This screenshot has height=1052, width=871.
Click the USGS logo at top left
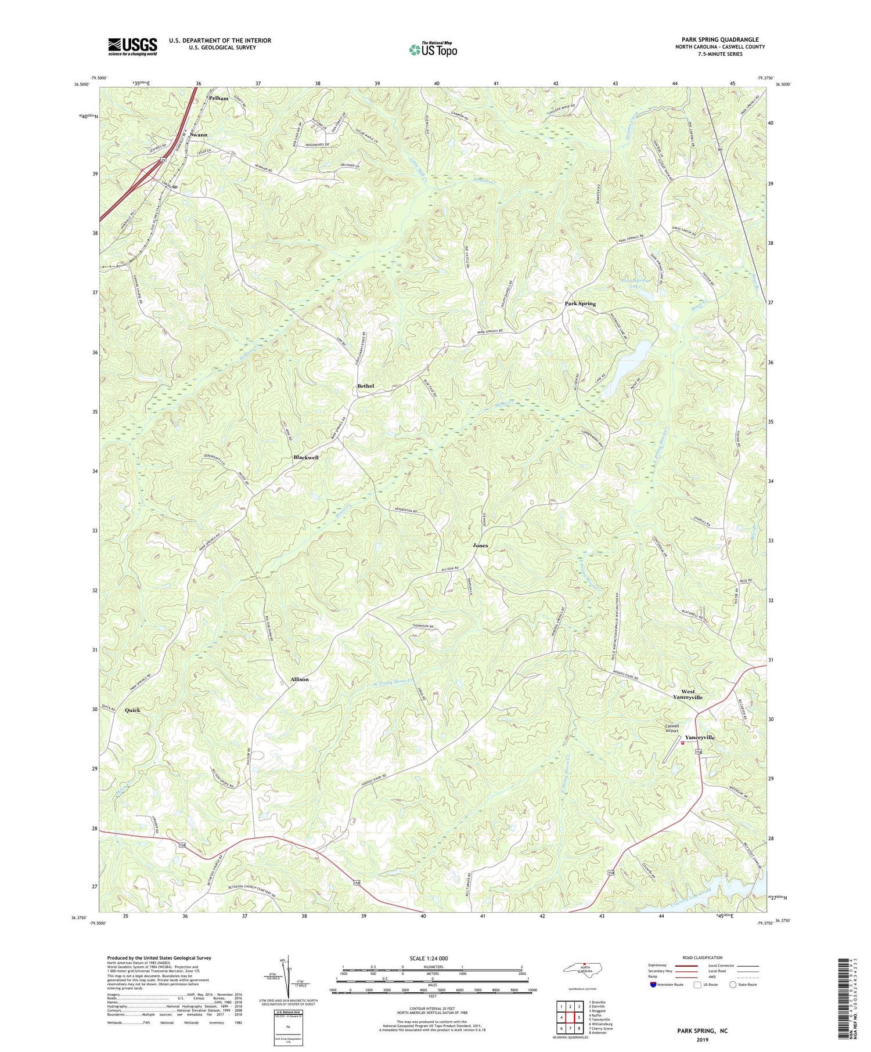pos(132,46)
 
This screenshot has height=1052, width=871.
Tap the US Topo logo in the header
pos(432,49)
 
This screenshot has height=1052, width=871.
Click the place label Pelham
pos(218,98)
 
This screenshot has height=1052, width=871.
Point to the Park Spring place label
pos(580,303)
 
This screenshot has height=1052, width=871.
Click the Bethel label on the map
pos(366,386)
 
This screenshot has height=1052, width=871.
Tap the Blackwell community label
pos(305,457)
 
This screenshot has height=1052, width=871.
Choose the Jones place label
pos(480,545)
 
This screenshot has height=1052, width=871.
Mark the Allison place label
pos(300,679)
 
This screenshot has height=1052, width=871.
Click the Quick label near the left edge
pos(132,710)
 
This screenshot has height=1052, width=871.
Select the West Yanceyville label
pos(688,695)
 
